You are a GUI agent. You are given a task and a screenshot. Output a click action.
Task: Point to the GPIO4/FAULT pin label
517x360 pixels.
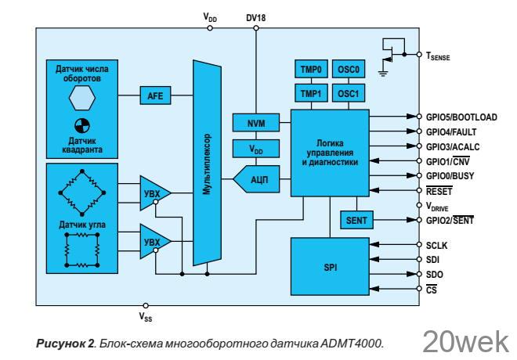[x=447, y=131]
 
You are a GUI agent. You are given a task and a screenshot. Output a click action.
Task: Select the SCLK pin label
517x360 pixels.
[x=437, y=246]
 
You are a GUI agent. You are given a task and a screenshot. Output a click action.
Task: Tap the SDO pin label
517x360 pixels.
[x=434, y=275]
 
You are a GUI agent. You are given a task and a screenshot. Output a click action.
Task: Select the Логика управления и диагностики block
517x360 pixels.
[x=329, y=153]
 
